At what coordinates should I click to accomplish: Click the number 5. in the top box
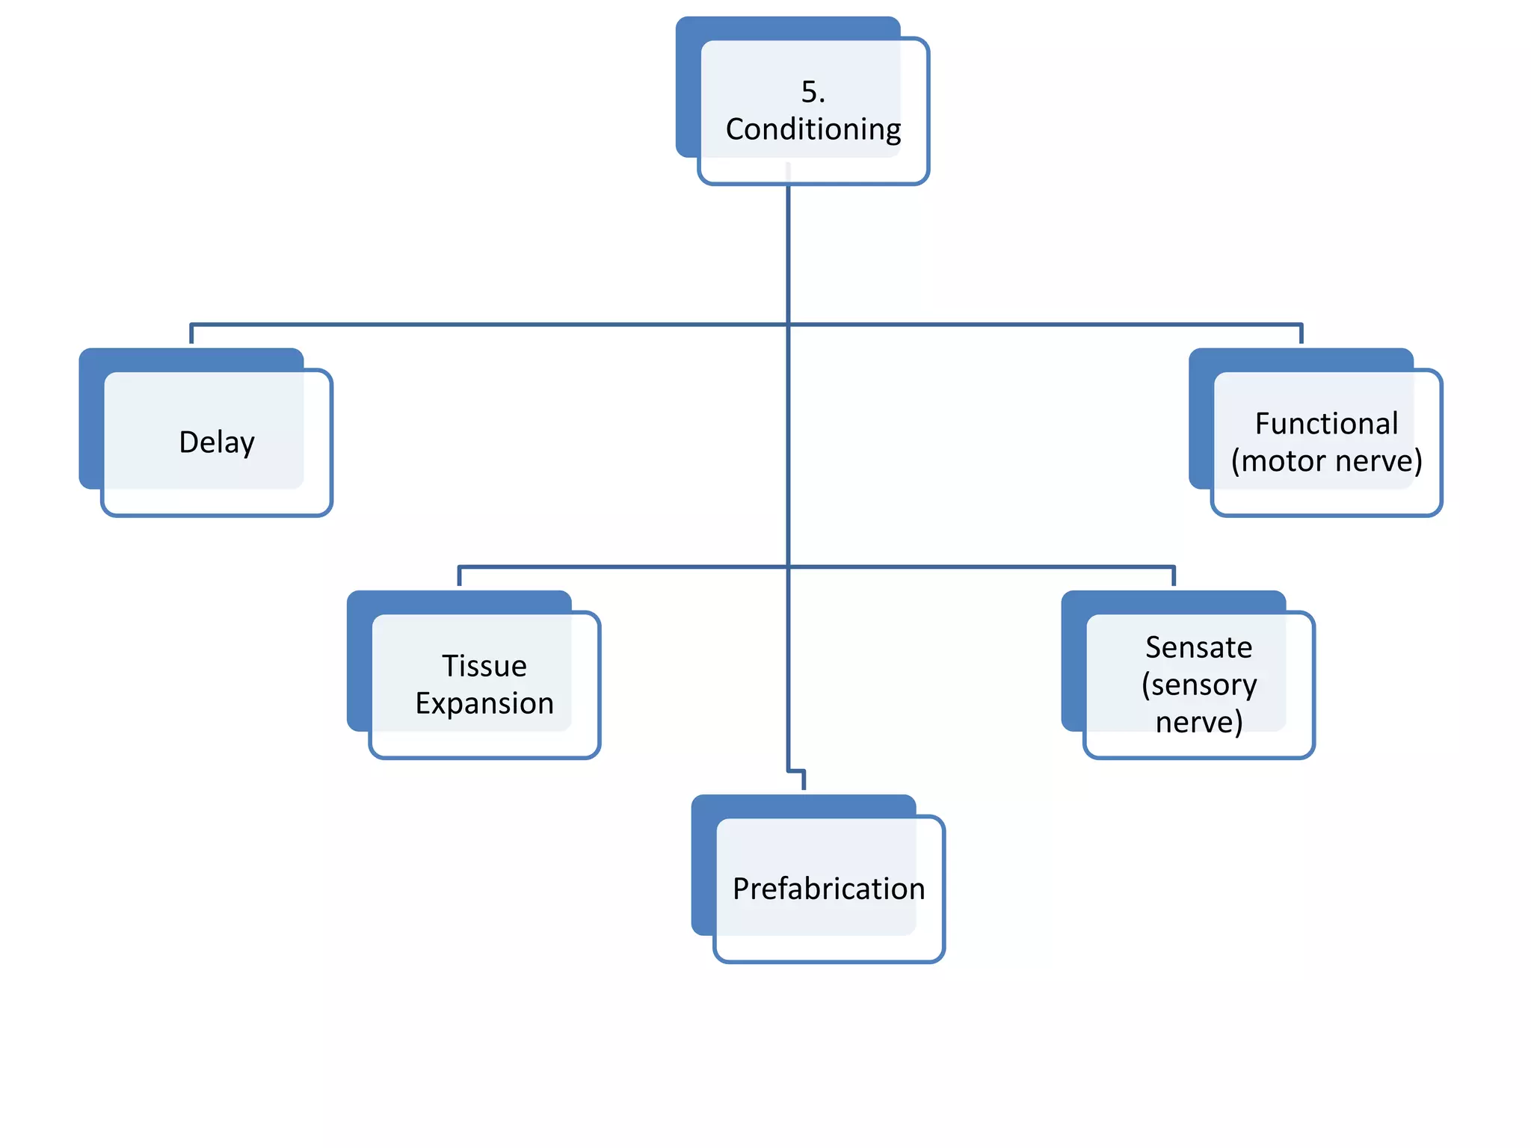(x=813, y=92)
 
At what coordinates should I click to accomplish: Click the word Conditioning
(x=813, y=129)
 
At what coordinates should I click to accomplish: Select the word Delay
(x=217, y=442)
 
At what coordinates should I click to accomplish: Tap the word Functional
(x=1326, y=424)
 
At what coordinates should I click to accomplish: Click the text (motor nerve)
(x=1326, y=461)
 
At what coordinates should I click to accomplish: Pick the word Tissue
(x=484, y=666)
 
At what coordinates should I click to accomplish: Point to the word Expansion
(x=484, y=703)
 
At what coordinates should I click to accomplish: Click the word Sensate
(x=1198, y=647)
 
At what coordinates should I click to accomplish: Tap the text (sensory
(x=1198, y=685)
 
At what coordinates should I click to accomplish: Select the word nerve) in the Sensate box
(x=1198, y=722)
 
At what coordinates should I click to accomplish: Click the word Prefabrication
(x=828, y=889)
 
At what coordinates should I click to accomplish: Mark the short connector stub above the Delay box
(x=192, y=334)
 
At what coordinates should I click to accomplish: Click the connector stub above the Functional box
(x=1301, y=334)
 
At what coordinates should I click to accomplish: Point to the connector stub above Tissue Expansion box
(x=459, y=576)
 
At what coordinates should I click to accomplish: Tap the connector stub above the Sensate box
(x=1174, y=576)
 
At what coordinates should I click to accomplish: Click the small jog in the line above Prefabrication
(x=797, y=771)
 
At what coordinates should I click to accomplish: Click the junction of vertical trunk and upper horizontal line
(x=788, y=324)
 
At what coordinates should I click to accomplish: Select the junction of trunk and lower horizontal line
(x=788, y=567)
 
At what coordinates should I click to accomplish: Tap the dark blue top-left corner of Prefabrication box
(x=703, y=806)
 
